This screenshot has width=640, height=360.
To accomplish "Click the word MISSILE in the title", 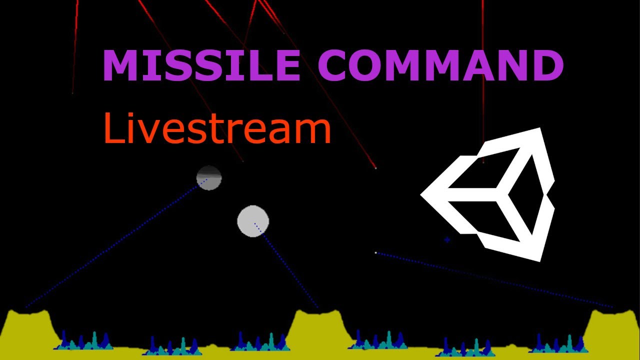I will (200, 65).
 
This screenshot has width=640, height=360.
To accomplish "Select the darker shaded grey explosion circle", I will (209, 178).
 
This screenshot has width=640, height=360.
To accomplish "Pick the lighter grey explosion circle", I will (253, 220).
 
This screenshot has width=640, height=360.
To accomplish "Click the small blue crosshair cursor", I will (447, 240).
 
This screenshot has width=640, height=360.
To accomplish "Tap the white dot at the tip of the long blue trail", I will (376, 253).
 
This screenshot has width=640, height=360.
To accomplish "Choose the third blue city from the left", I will (260, 342).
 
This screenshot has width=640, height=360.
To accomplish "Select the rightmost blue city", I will (557, 343).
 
